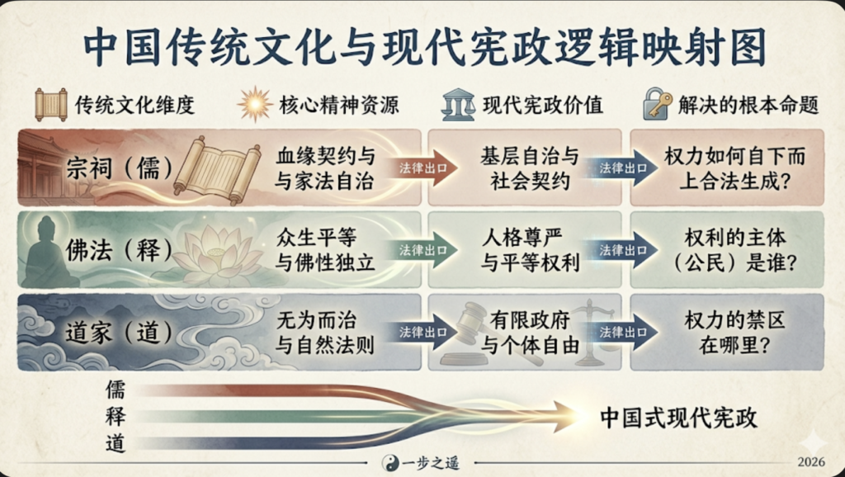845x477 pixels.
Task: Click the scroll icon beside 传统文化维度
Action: point(50,105)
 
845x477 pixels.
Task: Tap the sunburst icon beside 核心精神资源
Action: point(255,104)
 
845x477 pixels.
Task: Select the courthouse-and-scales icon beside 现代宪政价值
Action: point(458,105)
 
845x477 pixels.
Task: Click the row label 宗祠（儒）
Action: point(119,168)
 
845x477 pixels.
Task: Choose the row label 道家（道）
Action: point(119,333)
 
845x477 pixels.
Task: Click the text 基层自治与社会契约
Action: point(530,168)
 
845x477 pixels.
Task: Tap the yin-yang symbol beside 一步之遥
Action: point(390,462)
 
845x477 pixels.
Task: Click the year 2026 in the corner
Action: point(812,462)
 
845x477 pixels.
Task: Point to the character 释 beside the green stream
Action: point(116,417)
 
